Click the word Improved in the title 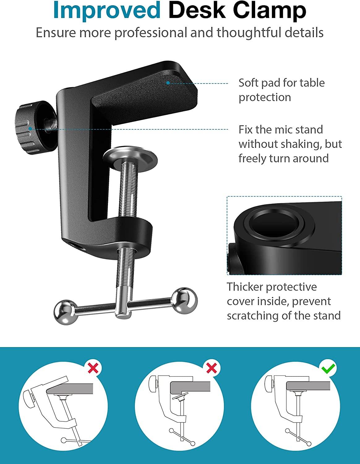pos(107,11)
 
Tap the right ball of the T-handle pos(185,300)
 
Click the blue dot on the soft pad pos(168,83)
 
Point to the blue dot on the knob pos(30,128)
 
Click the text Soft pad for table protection pos(281,90)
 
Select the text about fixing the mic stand pos(290,144)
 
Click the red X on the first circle pos(93,368)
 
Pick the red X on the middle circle pos(212,368)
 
